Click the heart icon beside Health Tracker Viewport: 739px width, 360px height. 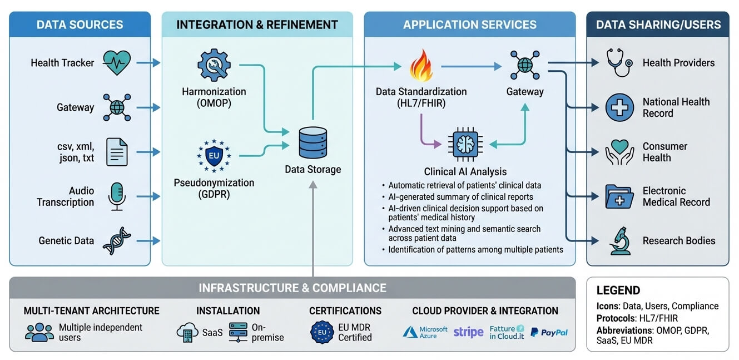tap(117, 63)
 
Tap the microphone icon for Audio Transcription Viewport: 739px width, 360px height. tap(117, 196)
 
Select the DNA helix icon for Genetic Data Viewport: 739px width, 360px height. tap(117, 241)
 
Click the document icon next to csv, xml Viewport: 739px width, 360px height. tap(117, 152)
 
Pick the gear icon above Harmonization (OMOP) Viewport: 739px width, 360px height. tap(214, 65)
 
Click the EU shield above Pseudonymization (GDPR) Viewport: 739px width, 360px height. tap(214, 156)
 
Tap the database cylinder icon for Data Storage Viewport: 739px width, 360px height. tap(313, 142)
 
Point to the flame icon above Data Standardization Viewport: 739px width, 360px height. tap(420, 65)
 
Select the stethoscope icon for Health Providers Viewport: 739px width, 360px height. tap(619, 63)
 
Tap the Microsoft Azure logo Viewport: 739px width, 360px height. tap(425, 332)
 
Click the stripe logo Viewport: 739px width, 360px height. tap(468, 332)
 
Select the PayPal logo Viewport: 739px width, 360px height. tap(549, 332)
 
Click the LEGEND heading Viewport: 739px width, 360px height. tap(618, 290)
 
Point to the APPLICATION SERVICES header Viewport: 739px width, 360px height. tap(469, 24)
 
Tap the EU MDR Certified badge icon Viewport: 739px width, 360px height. tap(321, 332)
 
